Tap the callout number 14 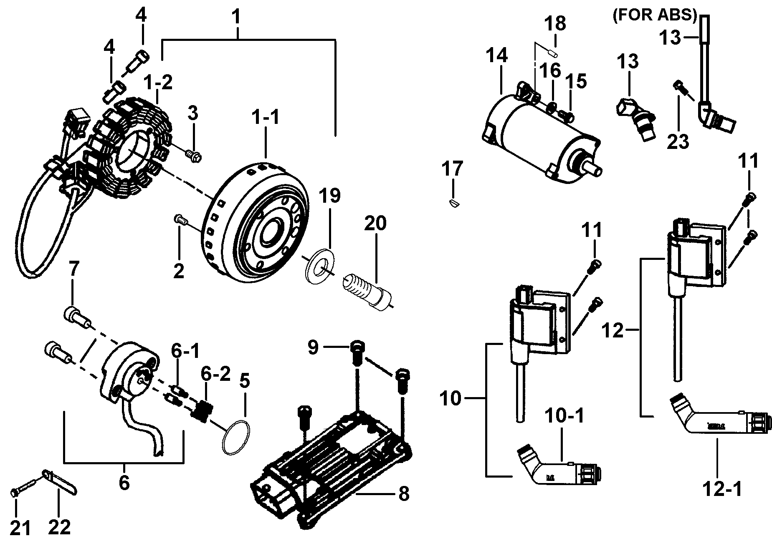click(x=497, y=55)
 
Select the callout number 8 click(x=403, y=494)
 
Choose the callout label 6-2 click(x=215, y=374)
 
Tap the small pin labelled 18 click(x=552, y=53)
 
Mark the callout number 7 click(x=73, y=271)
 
